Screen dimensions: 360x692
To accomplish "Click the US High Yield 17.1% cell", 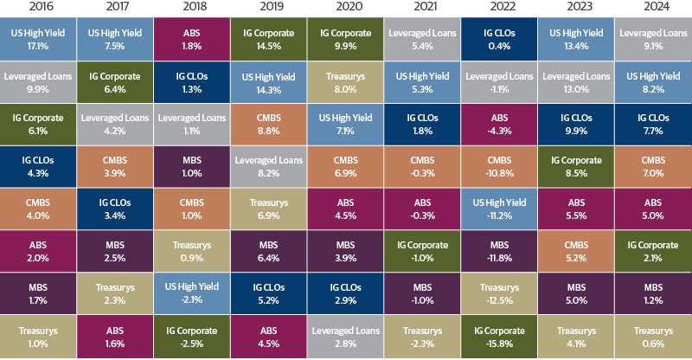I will (37, 37).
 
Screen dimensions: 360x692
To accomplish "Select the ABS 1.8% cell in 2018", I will (191, 37).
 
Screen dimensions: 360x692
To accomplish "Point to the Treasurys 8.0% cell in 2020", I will (345, 80).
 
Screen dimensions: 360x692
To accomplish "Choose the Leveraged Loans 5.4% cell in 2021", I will (422, 37).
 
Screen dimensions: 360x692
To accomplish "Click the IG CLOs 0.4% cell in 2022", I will (499, 37).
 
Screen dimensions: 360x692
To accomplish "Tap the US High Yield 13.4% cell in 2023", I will (576, 37).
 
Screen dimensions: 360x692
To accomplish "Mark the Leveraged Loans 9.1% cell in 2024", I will (653, 37).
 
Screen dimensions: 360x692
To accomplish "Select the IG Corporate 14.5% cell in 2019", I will (268, 37).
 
